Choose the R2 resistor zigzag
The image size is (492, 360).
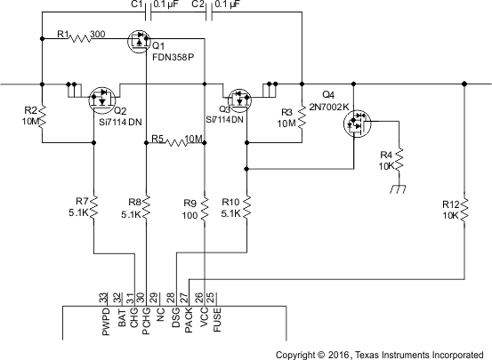[x=42, y=113]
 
